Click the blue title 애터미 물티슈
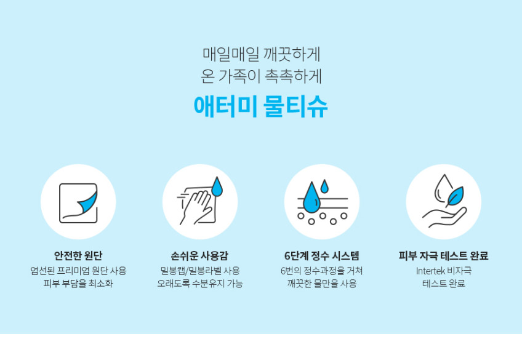[260, 107]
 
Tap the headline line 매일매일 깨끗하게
[262, 55]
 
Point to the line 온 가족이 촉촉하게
[262, 76]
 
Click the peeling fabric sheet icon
[78, 203]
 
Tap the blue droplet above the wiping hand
[217, 186]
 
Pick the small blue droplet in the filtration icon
[324, 186]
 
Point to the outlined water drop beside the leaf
[443, 188]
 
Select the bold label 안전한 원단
[78, 255]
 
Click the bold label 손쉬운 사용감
[199, 255]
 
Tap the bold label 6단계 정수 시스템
[322, 255]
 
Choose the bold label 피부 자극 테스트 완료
[443, 255]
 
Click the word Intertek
[430, 271]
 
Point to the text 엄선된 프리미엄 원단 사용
[78, 271]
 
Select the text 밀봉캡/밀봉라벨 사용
[199, 271]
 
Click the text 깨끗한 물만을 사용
[322, 284]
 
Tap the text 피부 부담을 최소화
[78, 284]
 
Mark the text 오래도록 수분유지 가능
[199, 284]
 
